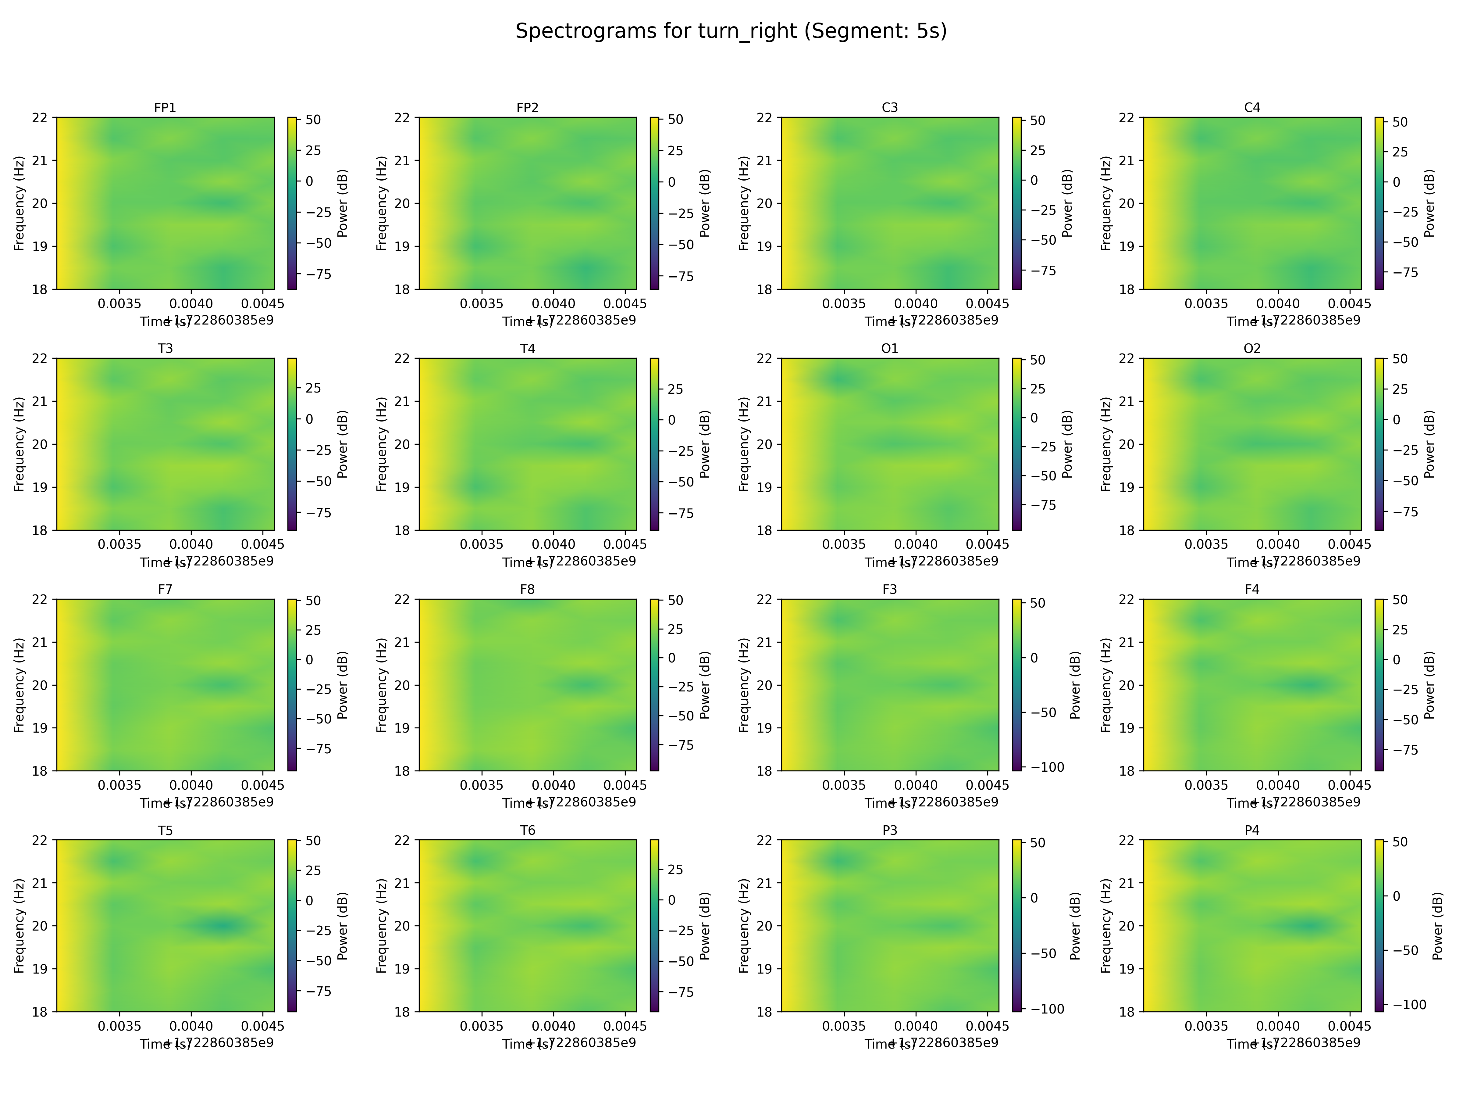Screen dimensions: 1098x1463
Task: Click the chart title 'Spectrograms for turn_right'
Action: tap(731, 31)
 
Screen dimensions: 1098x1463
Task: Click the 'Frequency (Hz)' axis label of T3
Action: tap(19, 444)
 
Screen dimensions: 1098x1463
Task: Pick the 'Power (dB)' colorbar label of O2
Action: tap(1429, 444)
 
